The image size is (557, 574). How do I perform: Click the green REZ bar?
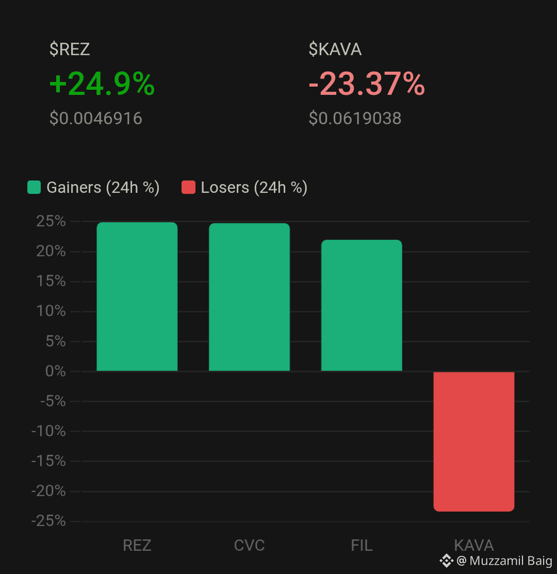tap(137, 297)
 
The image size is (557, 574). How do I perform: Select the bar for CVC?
tap(249, 297)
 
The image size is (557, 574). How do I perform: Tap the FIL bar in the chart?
tap(362, 305)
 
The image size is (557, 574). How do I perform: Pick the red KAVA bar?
tap(474, 441)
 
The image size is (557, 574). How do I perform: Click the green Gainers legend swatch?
tap(34, 187)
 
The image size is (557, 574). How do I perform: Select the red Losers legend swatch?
tap(188, 187)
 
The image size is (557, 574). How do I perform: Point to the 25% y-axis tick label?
tap(51, 221)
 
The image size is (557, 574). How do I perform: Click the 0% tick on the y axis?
tap(56, 371)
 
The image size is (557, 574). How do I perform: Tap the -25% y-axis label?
tap(48, 521)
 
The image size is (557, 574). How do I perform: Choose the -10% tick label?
tap(48, 431)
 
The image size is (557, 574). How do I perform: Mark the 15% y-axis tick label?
tap(51, 281)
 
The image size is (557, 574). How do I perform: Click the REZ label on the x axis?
tap(137, 546)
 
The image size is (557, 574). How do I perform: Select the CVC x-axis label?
tap(249, 546)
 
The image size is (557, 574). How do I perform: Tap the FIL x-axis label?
tap(362, 546)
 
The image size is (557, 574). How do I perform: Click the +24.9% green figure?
tap(102, 84)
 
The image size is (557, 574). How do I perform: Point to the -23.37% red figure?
tap(367, 84)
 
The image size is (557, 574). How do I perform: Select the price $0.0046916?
tap(96, 118)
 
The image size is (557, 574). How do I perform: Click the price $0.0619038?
tap(355, 118)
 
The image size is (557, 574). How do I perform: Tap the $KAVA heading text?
tap(335, 49)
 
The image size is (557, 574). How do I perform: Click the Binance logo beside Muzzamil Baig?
tap(447, 561)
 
